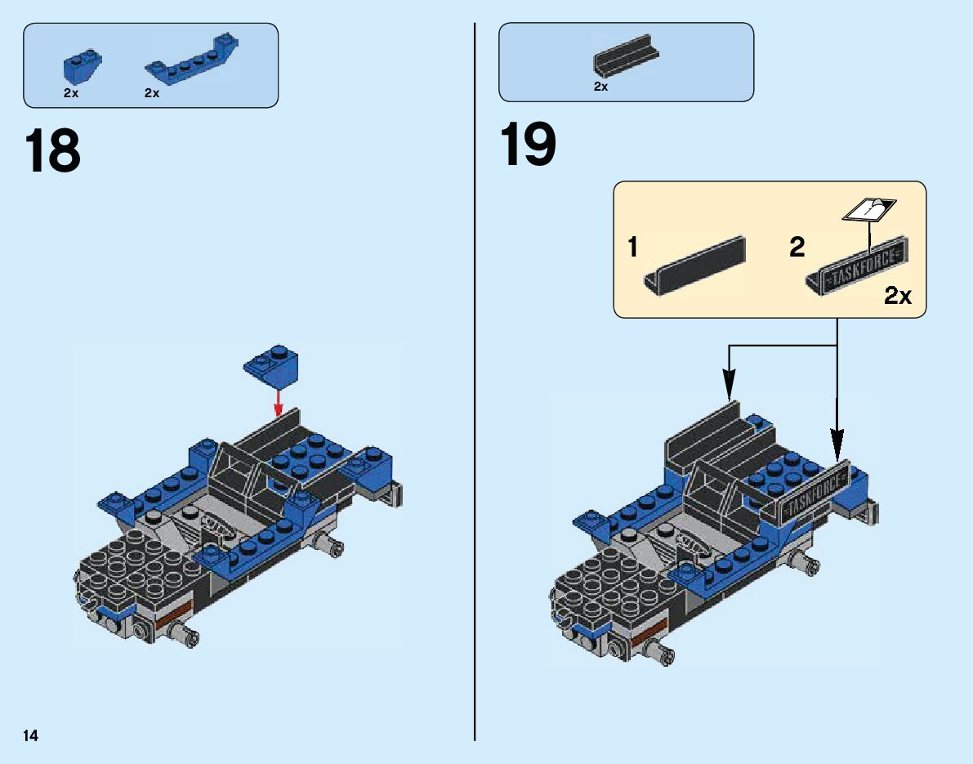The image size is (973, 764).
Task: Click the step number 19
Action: [x=528, y=145]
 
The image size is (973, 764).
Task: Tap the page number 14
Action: [x=31, y=735]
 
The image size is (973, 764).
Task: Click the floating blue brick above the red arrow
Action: [x=272, y=365]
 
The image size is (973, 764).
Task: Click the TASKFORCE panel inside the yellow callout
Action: [x=857, y=266]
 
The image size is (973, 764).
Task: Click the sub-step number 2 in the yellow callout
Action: [x=797, y=248]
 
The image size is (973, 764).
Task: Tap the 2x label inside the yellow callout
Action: [x=898, y=297]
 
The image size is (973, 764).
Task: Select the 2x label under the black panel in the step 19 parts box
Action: [x=601, y=87]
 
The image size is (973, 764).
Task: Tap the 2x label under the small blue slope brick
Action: [x=71, y=93]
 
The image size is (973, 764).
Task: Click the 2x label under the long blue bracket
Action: [x=152, y=93]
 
